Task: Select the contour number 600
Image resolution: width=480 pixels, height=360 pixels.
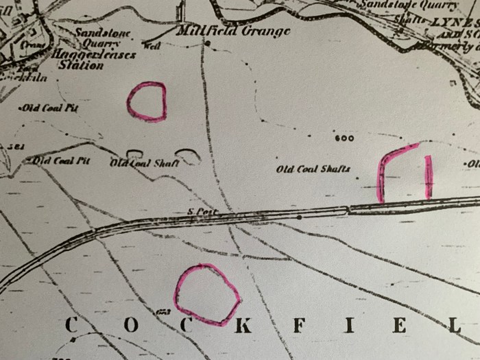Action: (345, 139)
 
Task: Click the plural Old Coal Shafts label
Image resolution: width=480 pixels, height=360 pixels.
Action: (313, 169)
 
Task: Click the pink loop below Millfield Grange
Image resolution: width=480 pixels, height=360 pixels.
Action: (146, 101)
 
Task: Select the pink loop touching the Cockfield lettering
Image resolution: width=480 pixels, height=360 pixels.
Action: (206, 294)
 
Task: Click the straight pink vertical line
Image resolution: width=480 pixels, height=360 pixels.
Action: (429, 177)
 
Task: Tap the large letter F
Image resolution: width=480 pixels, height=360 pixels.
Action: (298, 326)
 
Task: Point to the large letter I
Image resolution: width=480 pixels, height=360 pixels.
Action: (350, 326)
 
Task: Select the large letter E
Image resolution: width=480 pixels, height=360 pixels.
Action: (400, 326)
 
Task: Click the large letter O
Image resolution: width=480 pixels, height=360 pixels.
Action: (130, 326)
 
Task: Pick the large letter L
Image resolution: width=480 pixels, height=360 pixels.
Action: (454, 326)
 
